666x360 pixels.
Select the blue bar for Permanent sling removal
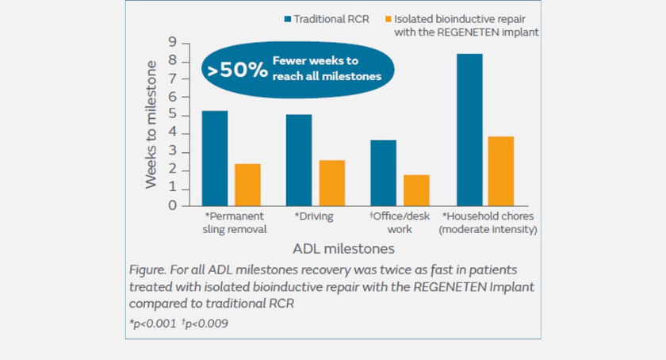(x=214, y=158)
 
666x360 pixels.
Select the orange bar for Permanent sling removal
(x=247, y=185)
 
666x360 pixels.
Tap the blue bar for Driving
(x=299, y=160)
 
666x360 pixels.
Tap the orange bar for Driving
(x=332, y=182)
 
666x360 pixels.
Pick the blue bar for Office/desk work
(x=384, y=173)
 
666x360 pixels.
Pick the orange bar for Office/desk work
(x=416, y=190)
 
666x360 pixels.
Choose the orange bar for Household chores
(x=501, y=171)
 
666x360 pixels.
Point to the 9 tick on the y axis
(x=172, y=44)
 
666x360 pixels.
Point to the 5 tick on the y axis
(x=172, y=116)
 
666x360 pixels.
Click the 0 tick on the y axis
(x=172, y=206)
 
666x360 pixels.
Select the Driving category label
(x=315, y=216)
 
